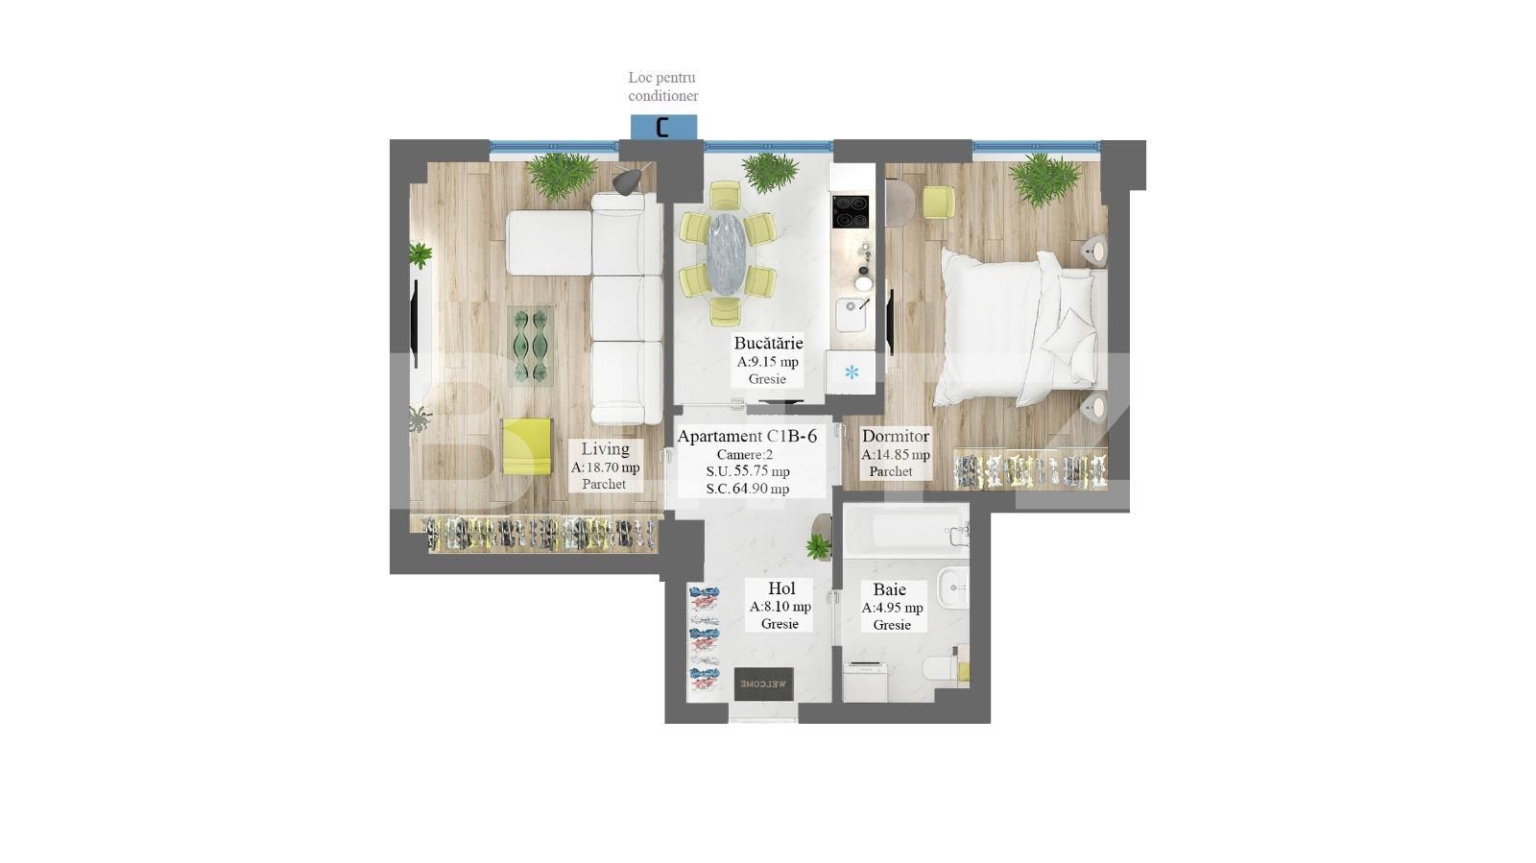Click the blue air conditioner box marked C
[663, 127]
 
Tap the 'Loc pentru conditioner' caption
[662, 86]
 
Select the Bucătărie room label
[768, 343]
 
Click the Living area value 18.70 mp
[605, 467]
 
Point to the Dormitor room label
[895, 436]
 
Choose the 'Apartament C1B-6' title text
[747, 436]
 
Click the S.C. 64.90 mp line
[747, 489]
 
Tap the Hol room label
[781, 588]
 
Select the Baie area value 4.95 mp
[892, 608]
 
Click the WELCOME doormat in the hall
[764, 683]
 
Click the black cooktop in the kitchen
[850, 211]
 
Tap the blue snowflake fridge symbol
[852, 372]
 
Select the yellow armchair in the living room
[526, 445]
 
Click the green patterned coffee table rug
[531, 346]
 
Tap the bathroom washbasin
[951, 586]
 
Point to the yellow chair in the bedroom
[938, 202]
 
